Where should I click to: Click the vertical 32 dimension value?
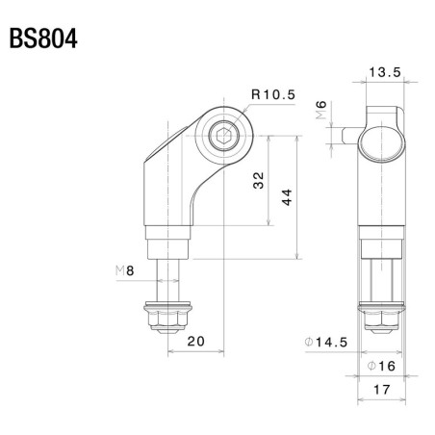point(259,181)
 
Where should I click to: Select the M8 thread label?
point(122,273)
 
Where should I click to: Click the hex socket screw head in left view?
point(223,138)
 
